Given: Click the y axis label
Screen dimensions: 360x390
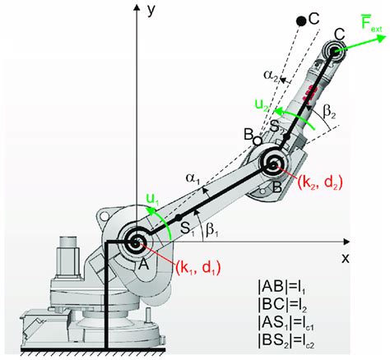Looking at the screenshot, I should [x=151, y=11].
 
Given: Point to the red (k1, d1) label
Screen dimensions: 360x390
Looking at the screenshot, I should [x=198, y=266].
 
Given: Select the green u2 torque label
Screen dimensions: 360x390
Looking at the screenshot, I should [x=259, y=107].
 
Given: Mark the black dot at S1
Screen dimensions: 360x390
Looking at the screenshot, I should [x=177, y=218].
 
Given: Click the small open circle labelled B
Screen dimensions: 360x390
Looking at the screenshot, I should [x=258, y=141].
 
